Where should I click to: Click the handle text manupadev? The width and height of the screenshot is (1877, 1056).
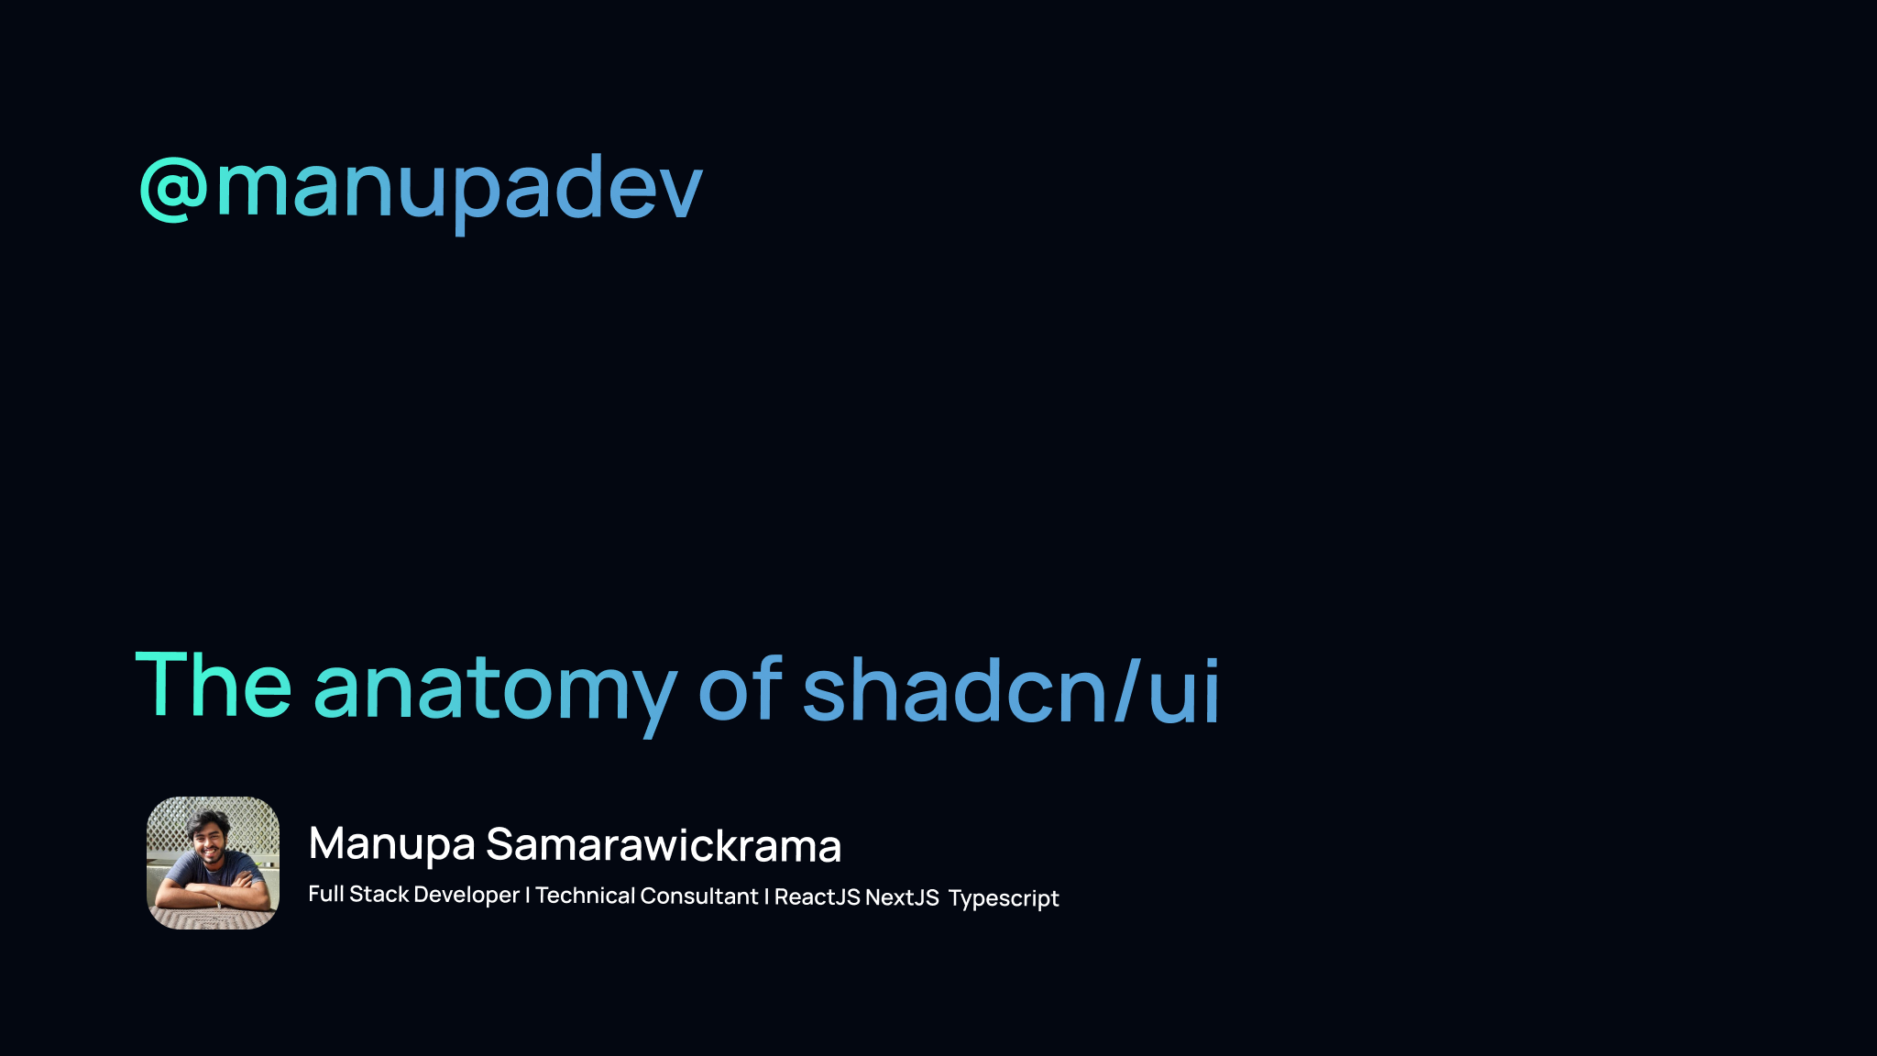click(458, 188)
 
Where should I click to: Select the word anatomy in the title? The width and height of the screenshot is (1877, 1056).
click(495, 689)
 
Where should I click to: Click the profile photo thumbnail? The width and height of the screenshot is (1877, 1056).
click(213, 863)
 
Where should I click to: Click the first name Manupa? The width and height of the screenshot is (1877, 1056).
click(391, 844)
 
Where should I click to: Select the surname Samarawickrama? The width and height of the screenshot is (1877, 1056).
click(664, 845)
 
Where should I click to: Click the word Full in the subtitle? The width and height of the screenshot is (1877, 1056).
click(326, 894)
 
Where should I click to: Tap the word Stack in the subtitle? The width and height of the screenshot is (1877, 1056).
click(379, 895)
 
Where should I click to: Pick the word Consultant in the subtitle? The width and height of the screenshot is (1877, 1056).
click(699, 896)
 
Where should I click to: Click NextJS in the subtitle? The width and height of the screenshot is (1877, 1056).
click(902, 897)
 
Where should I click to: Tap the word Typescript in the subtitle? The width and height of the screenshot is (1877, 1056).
click(1004, 898)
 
